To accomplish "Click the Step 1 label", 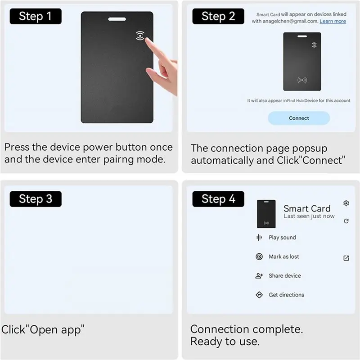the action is pyautogui.click(x=36, y=16).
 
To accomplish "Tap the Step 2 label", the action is pyautogui.click(x=218, y=16).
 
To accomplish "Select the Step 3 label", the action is pyautogui.click(x=36, y=199).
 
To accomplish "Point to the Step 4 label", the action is pyautogui.click(x=218, y=199).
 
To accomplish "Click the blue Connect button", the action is pyautogui.click(x=299, y=118).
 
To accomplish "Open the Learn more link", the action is pyautogui.click(x=333, y=21).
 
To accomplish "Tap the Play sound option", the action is pyautogui.click(x=282, y=238).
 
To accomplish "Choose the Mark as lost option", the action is pyautogui.click(x=284, y=256).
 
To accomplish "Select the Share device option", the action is pyautogui.click(x=285, y=275).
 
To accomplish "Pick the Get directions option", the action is pyautogui.click(x=286, y=295).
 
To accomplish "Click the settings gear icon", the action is pyautogui.click(x=346, y=203).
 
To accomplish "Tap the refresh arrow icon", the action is pyautogui.click(x=346, y=221).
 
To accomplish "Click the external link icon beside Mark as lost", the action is pyautogui.click(x=346, y=258).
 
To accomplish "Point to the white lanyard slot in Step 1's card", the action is pyautogui.click(x=117, y=19).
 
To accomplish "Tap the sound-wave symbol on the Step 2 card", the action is pyautogui.click(x=302, y=80).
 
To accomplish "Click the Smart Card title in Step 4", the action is pyautogui.click(x=307, y=208).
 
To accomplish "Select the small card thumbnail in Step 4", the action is pyautogui.click(x=266, y=214).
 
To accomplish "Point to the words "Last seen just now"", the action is pyautogui.click(x=309, y=216).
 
